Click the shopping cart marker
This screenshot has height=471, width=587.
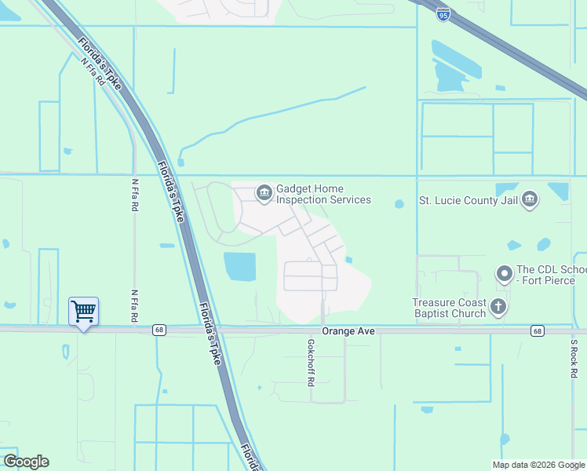[83, 312]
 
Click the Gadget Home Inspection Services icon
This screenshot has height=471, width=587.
[264, 192]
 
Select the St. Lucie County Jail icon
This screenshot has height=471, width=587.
[530, 199]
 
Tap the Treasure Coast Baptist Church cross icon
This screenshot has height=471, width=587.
[498, 306]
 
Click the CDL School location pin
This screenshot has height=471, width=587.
[504, 275]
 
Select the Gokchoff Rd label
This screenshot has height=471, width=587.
[312, 362]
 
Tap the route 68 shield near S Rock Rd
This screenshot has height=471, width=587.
[537, 330]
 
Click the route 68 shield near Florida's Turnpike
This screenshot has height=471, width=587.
[159, 330]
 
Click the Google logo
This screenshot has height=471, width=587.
[26, 462]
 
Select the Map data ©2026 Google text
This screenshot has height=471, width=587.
[538, 465]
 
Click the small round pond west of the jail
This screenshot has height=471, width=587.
[399, 204]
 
